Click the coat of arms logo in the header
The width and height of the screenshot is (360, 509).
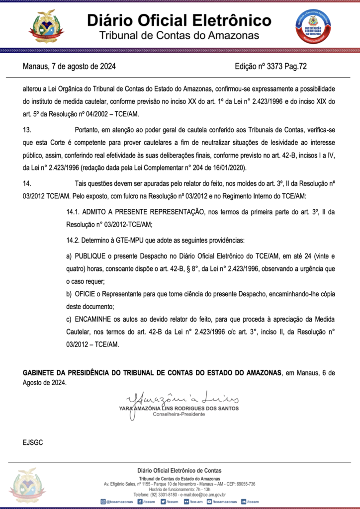pyautogui.click(x=46, y=26)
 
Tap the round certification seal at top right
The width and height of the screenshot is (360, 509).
pyautogui.click(x=314, y=25)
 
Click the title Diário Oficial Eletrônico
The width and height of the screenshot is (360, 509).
pyautogui.click(x=180, y=20)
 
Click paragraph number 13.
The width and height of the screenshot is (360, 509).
pyautogui.click(x=27, y=130)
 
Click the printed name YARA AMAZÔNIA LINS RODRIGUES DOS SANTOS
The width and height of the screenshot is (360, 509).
pyautogui.click(x=179, y=408)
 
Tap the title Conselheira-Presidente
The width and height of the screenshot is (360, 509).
pyautogui.click(x=179, y=414)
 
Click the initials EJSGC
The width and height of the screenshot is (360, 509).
pyautogui.click(x=33, y=441)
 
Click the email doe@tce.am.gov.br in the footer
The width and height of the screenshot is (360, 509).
pyautogui.click(x=203, y=495)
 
